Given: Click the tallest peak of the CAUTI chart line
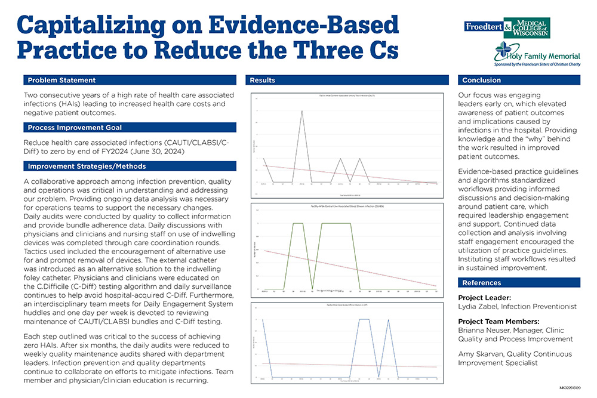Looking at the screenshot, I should pos(301,111).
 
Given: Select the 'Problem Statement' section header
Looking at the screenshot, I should pos(61,80).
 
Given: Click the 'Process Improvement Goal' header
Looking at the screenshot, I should pos(75,128).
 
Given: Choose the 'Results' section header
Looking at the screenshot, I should pos(262,80).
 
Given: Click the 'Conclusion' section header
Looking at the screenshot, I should pos(482,80).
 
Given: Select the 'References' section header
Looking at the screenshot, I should pos(482,282).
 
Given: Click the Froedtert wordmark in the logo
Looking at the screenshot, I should pos(483,27).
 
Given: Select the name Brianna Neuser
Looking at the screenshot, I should pos(484,330).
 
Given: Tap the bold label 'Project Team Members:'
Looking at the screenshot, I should pos(498,322).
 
